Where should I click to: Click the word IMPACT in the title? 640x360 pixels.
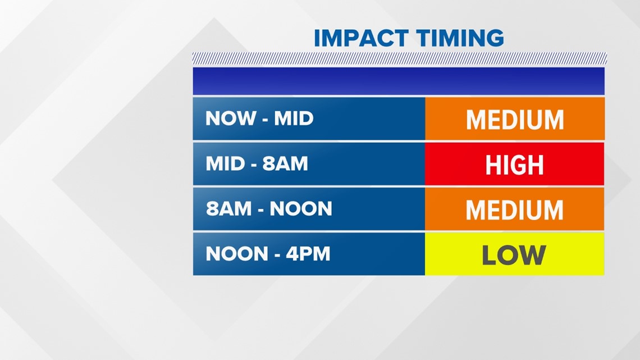click(x=361, y=38)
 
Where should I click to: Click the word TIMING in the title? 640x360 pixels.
click(x=460, y=38)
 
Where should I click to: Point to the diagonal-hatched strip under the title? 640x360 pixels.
click(x=400, y=58)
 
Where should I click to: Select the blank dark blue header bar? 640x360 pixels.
click(x=399, y=81)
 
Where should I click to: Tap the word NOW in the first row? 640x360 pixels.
click(x=231, y=119)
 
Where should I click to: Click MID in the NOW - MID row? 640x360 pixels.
click(x=294, y=119)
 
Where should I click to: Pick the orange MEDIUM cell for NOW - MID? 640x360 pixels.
click(x=515, y=119)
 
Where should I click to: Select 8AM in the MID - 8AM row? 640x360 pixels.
click(x=285, y=163)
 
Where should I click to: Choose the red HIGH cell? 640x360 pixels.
click(x=515, y=163)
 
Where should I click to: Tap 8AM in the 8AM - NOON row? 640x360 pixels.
click(x=228, y=208)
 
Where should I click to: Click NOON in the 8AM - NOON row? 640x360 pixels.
click(x=301, y=208)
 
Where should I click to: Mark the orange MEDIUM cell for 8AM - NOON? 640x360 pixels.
click(x=515, y=209)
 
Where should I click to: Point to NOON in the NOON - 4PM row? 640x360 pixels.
click(x=237, y=253)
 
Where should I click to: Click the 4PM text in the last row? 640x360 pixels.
click(x=308, y=253)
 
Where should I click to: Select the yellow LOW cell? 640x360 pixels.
click(x=515, y=254)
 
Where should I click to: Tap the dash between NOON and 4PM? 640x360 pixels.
click(x=277, y=255)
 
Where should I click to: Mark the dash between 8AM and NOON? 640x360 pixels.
click(x=260, y=210)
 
